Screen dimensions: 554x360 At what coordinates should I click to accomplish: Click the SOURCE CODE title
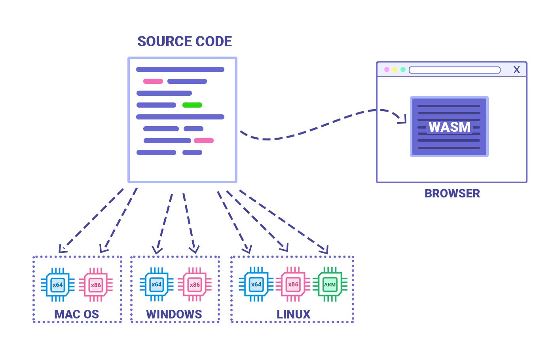185,41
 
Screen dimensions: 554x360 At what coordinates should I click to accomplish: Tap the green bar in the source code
192,105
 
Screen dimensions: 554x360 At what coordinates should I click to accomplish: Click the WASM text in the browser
450,127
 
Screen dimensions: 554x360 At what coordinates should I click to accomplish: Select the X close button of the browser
516,70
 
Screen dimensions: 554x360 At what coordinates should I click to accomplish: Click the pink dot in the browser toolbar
387,70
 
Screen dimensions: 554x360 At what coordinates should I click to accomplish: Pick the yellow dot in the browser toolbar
395,70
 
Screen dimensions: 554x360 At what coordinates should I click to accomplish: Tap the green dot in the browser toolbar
403,70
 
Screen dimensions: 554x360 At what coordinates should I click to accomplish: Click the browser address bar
455,70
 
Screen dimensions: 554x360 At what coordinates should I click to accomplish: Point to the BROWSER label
452,193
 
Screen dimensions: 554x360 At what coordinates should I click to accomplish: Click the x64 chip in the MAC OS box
58,284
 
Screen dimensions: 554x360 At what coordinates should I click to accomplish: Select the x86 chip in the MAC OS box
96,284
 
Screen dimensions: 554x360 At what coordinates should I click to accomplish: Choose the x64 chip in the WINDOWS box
157,284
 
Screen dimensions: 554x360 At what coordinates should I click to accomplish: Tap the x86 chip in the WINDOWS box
195,284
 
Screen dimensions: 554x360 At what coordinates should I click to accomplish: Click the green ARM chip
330,284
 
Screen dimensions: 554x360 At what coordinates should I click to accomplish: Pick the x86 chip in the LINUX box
293,284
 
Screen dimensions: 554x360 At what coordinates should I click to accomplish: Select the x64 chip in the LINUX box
256,284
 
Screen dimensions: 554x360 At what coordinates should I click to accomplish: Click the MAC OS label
77,314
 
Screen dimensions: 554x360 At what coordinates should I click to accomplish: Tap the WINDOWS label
174,314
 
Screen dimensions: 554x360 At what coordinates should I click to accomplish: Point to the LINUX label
293,314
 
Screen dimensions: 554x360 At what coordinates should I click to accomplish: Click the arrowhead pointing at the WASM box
403,120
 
